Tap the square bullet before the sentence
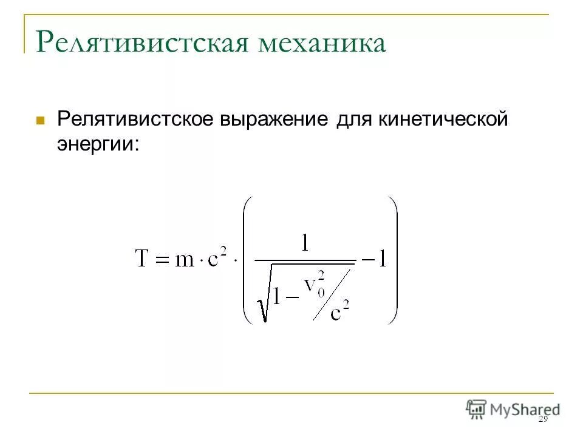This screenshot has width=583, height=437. tap(41, 120)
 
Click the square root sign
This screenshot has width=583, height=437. tap(263, 294)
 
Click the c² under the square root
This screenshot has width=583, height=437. tap(340, 311)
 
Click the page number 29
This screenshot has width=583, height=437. tap(544, 420)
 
